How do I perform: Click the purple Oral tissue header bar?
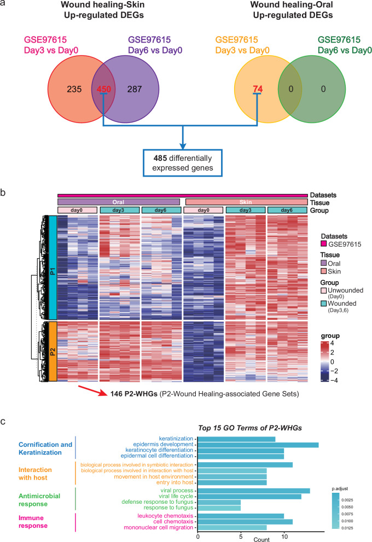click(119, 202)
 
